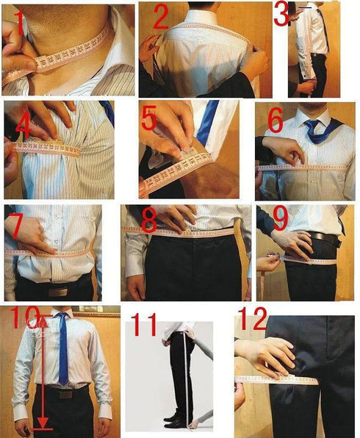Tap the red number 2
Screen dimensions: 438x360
160,18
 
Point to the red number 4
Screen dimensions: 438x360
22,126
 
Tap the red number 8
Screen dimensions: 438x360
150,221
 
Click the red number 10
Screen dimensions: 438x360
25,317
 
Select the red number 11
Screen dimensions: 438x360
143,326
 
